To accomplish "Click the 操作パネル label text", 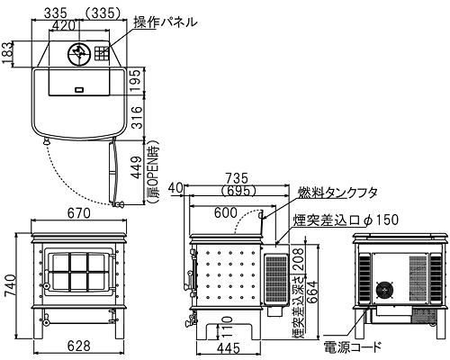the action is point(166,22).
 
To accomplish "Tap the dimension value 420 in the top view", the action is point(64,25).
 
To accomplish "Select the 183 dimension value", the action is point(7,53).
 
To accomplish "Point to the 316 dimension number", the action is point(137,117).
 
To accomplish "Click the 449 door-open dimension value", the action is point(137,167).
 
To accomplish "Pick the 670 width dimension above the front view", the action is point(78,213).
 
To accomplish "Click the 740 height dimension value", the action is point(10,284).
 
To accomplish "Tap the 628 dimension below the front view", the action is point(78,346).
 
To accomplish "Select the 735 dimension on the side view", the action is point(237,178).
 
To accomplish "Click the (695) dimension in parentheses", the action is point(237,190).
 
